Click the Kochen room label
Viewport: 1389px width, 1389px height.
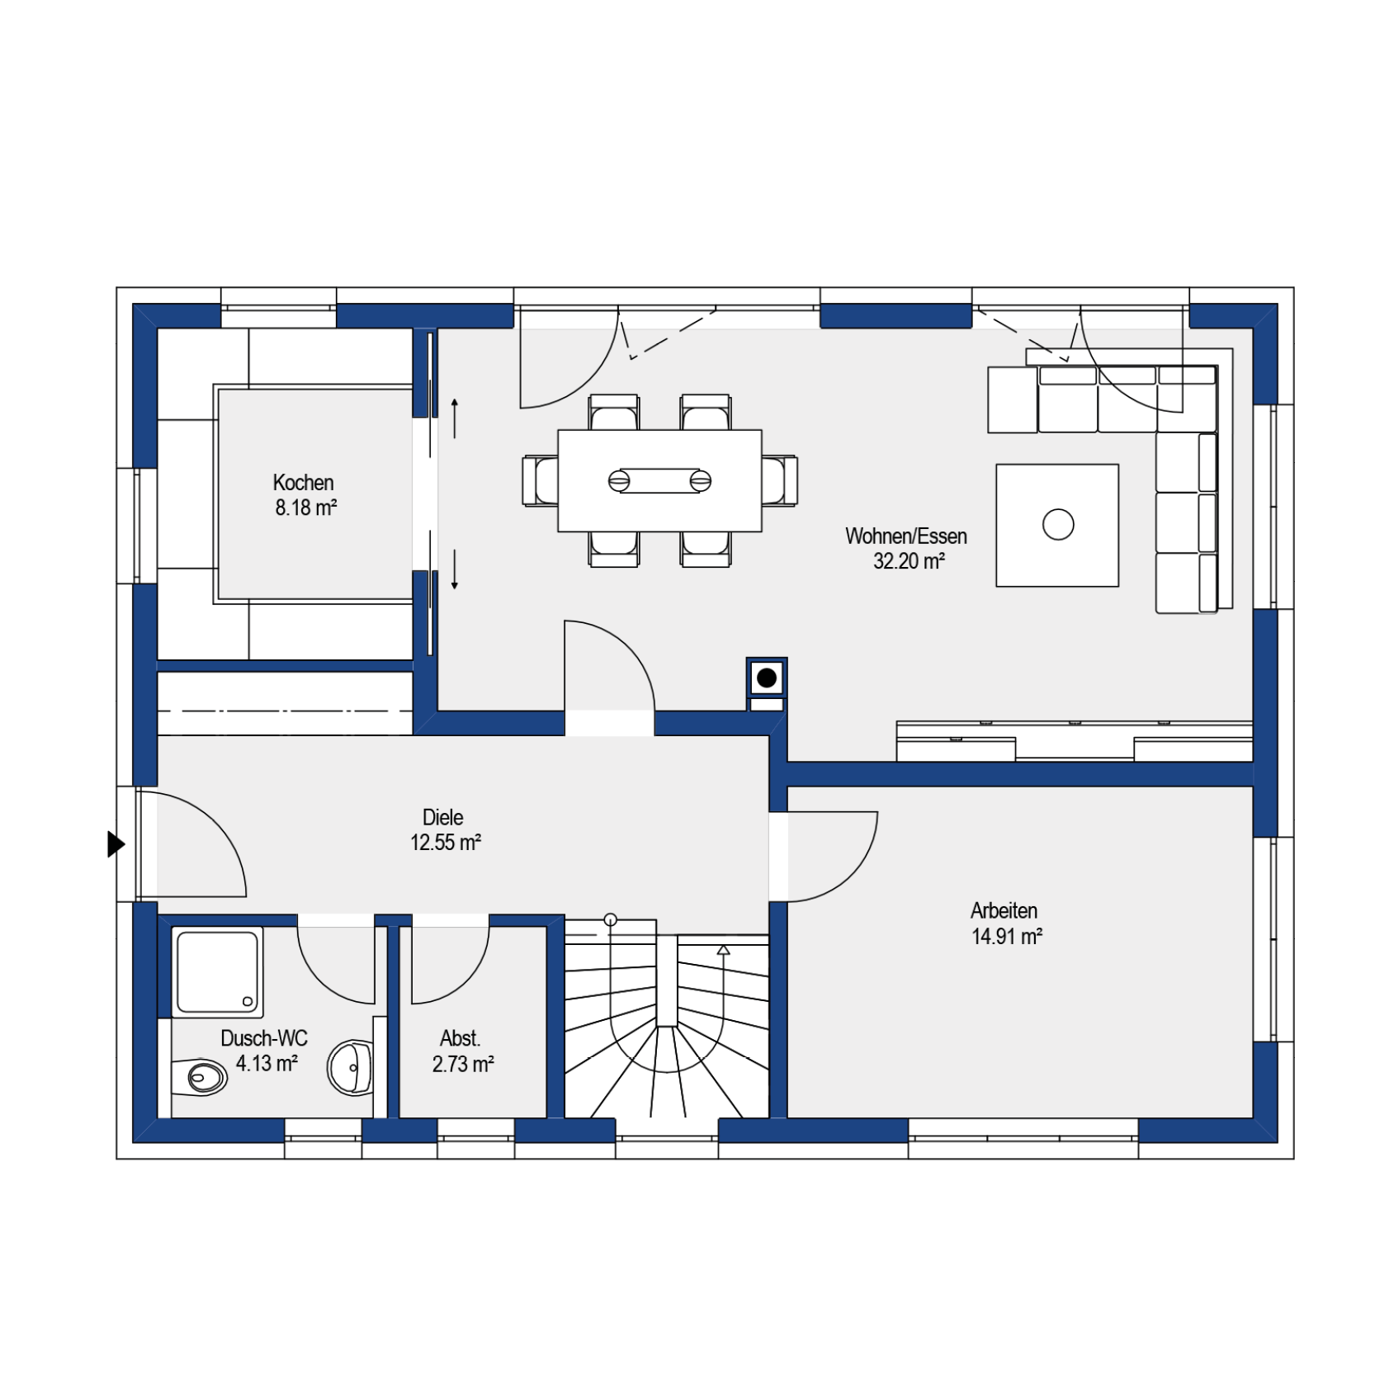[303, 482]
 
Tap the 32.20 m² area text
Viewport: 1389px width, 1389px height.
[909, 561]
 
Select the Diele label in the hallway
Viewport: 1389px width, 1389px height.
[443, 817]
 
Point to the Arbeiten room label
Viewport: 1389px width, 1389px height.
[1004, 910]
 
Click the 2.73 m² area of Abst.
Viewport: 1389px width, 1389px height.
[463, 1064]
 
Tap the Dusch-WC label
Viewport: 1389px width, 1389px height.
[264, 1037]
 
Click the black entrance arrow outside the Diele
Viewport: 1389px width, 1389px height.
[116, 844]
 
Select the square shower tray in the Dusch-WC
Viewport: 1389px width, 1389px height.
[217, 971]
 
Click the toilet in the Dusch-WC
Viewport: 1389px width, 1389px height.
[199, 1076]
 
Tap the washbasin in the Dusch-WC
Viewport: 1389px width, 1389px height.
[351, 1067]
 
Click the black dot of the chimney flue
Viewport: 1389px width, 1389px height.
[767, 678]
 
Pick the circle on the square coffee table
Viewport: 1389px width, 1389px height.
[1058, 524]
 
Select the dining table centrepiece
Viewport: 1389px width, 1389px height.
[659, 480]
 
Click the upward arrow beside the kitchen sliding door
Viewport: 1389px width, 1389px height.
[454, 418]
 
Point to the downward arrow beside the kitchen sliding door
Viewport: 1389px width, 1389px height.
[454, 569]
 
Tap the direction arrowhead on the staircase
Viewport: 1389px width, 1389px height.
[723, 950]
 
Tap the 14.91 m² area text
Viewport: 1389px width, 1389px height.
[1007, 937]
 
